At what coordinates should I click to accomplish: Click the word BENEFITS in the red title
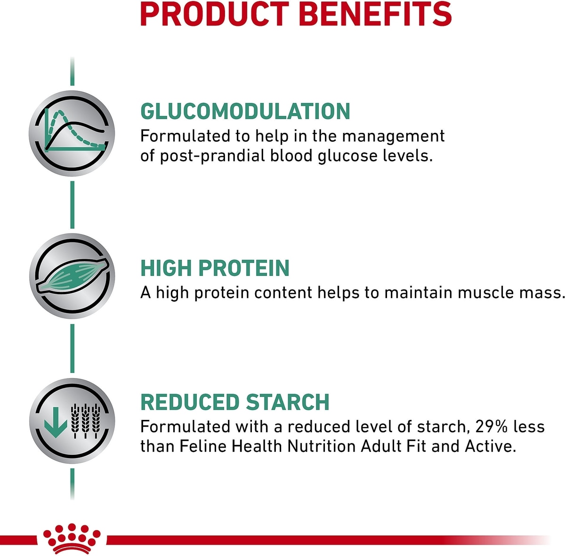[x=377, y=14]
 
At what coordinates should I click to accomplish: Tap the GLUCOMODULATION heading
[x=245, y=111]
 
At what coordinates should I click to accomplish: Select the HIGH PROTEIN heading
[x=215, y=268]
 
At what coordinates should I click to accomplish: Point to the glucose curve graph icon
[x=72, y=133]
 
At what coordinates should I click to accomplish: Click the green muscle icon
[x=73, y=276]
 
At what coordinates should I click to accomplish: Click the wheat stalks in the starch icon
[x=85, y=421]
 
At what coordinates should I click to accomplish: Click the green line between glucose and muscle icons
[x=73, y=205]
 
